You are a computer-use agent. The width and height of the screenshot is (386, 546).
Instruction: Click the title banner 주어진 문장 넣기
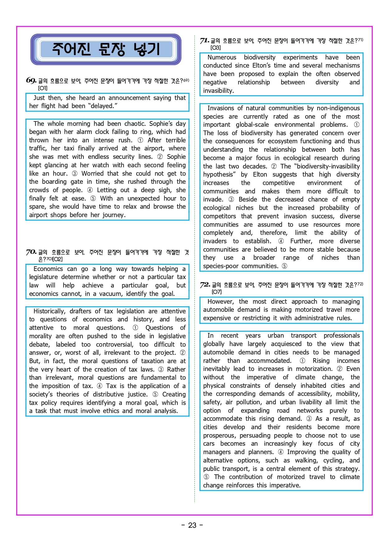click(x=106, y=49)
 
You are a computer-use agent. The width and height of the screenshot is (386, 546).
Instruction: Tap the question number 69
click(x=31, y=80)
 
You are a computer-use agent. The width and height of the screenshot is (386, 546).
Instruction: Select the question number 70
click(x=31, y=252)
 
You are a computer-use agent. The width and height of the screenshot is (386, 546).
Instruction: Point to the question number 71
click(x=205, y=40)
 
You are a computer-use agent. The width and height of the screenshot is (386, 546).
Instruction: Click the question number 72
click(x=205, y=285)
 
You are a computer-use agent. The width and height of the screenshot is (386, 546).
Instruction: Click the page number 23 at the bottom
click(x=192, y=525)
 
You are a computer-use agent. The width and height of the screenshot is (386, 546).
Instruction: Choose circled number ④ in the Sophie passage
click(x=90, y=190)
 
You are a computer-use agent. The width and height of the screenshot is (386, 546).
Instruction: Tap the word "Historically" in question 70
click(x=49, y=311)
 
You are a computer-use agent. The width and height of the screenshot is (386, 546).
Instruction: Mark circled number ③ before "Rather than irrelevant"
click(x=161, y=369)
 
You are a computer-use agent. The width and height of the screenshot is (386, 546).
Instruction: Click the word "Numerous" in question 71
click(x=222, y=57)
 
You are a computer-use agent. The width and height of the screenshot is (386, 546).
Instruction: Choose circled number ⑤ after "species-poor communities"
click(x=284, y=266)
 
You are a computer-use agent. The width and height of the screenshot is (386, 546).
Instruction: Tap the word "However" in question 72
click(x=220, y=301)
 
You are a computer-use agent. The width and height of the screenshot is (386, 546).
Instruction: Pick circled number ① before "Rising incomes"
click(x=302, y=361)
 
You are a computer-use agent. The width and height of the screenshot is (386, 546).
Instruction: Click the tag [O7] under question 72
click(x=217, y=292)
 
